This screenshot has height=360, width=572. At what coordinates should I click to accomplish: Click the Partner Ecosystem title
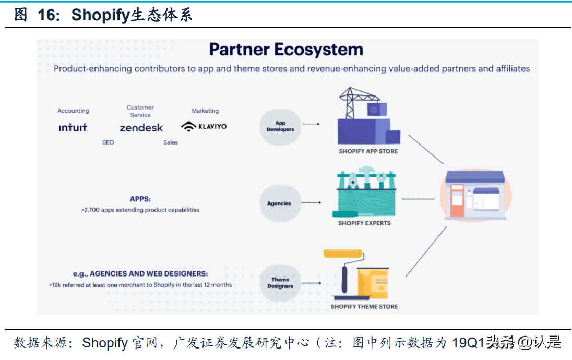pyautogui.click(x=286, y=50)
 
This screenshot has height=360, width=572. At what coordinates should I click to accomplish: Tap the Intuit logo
pyautogui.click(x=73, y=127)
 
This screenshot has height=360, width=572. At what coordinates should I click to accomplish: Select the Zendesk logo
pyautogui.click(x=141, y=127)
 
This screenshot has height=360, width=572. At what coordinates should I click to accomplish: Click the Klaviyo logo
pyautogui.click(x=204, y=126)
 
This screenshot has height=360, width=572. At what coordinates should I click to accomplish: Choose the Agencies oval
pyautogui.click(x=279, y=203)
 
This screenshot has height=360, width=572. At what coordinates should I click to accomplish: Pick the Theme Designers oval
pyautogui.click(x=280, y=283)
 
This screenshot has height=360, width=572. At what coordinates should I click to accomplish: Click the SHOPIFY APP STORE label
pyautogui.click(x=368, y=151)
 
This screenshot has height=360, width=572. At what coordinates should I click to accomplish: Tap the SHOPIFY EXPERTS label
pyautogui.click(x=364, y=223)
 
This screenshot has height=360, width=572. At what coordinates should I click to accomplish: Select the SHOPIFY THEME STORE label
pyautogui.click(x=364, y=307)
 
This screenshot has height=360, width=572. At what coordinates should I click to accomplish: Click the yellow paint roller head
pyautogui.click(x=343, y=254)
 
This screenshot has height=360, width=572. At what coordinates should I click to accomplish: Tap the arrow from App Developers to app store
pyautogui.click(x=311, y=124)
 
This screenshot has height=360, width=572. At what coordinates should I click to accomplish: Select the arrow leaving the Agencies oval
pyautogui.click(x=311, y=202)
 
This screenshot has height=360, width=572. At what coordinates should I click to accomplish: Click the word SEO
pyautogui.click(x=108, y=142)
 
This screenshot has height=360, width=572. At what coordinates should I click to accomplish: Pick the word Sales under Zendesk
pyautogui.click(x=171, y=142)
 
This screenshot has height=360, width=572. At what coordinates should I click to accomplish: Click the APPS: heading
pyautogui.click(x=140, y=199)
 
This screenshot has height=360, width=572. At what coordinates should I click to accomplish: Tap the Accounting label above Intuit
pyautogui.click(x=73, y=111)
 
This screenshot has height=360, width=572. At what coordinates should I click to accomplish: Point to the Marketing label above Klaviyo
pyautogui.click(x=205, y=111)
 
